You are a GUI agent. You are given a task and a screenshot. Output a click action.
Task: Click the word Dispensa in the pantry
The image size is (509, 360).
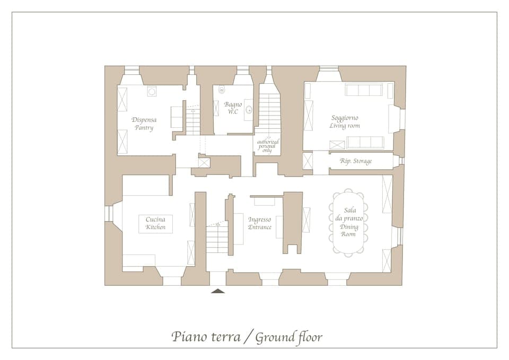coord(144,120)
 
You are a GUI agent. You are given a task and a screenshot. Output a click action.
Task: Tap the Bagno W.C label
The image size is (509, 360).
coord(233,108)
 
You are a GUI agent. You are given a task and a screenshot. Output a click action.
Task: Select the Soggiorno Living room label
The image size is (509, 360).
coord(345,121)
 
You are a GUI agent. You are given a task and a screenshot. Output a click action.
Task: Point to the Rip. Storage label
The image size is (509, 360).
coord(356,161)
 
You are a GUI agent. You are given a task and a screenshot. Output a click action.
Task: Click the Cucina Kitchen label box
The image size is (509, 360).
coord(155,223)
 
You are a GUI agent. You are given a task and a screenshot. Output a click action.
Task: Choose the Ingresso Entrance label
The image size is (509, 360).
coord(260,223)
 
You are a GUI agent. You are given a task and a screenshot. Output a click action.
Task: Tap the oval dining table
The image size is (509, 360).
coord(348,223)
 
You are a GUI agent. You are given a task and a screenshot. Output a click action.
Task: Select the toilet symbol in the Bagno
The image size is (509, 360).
coord(222,90)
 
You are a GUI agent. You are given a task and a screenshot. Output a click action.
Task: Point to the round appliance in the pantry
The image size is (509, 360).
coord(152,92)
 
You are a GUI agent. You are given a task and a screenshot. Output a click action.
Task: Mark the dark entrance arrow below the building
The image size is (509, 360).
coord(218,291)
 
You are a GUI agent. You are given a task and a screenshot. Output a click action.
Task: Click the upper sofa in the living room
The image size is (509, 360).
coord(363,90)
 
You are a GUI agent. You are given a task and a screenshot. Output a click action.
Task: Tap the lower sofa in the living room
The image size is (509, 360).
coord(365,142)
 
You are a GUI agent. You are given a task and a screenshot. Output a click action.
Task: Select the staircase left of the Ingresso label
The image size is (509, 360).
coord(217,238)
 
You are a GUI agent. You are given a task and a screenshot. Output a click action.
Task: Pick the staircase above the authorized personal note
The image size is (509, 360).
coord(269,114)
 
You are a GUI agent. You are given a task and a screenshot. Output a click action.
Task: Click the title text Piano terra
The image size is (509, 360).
coord(205,337)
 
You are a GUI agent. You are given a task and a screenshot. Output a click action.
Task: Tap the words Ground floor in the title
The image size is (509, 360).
coord(289,337)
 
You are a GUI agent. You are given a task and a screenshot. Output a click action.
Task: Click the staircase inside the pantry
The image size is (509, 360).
coord(192,120)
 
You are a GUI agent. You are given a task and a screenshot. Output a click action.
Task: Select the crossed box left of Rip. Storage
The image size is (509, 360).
coord(308,161)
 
